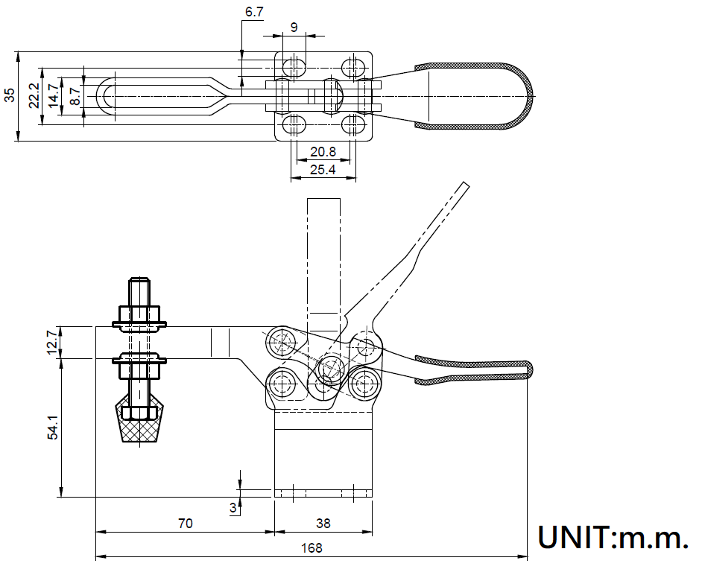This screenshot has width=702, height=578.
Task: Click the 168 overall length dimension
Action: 312,548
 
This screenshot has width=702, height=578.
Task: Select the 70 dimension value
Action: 186,524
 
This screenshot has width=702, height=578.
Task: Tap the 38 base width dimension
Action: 323,524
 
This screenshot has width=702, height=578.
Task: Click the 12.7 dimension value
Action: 53,342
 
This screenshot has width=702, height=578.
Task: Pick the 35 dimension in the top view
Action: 9,95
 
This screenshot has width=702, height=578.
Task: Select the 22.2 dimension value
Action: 34,95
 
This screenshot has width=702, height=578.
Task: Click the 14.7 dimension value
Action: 53,96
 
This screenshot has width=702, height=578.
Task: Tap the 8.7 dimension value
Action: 74,96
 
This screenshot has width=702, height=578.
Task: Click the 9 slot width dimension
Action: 294,28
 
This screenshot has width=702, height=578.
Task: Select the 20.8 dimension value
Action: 323,151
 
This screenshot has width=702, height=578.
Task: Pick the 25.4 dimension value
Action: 323,170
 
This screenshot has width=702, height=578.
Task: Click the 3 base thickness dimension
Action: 233,508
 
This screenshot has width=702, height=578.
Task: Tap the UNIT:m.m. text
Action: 613,538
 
